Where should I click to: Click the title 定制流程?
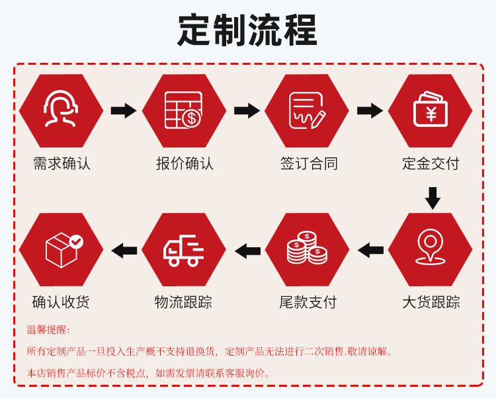tap(247, 30)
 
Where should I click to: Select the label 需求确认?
tap(62, 163)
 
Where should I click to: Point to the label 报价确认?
tap(185, 163)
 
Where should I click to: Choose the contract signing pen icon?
tap(308, 110)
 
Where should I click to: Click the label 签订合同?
tap(308, 163)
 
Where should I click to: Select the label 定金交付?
tap(431, 163)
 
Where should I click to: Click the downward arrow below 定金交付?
tap(432, 198)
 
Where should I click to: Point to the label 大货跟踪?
tap(431, 302)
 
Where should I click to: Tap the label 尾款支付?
tap(308, 302)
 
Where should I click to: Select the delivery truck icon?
tap(185, 250)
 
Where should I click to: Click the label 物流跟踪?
tap(185, 302)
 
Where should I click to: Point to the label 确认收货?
tap(62, 302)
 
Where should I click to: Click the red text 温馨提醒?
tap(48, 329)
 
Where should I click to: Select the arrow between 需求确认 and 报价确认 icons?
tap(123, 110)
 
